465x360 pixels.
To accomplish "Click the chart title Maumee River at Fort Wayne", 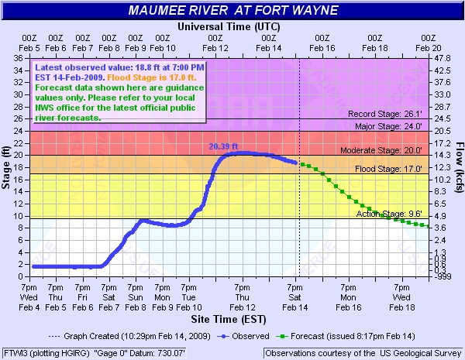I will click(233, 12).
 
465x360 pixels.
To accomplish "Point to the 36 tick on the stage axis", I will click(17, 58).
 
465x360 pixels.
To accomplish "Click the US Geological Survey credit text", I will click(363, 353).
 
